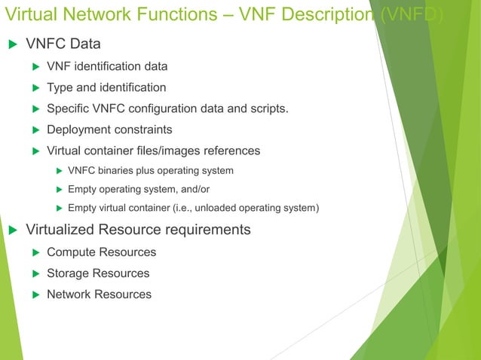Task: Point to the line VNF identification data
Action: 107,66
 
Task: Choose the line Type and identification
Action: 106,87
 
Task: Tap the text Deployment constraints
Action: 109,130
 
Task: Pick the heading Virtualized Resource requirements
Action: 138,230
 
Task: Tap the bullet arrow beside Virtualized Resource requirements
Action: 12,230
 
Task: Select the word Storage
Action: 67,273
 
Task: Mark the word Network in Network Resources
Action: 69,294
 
